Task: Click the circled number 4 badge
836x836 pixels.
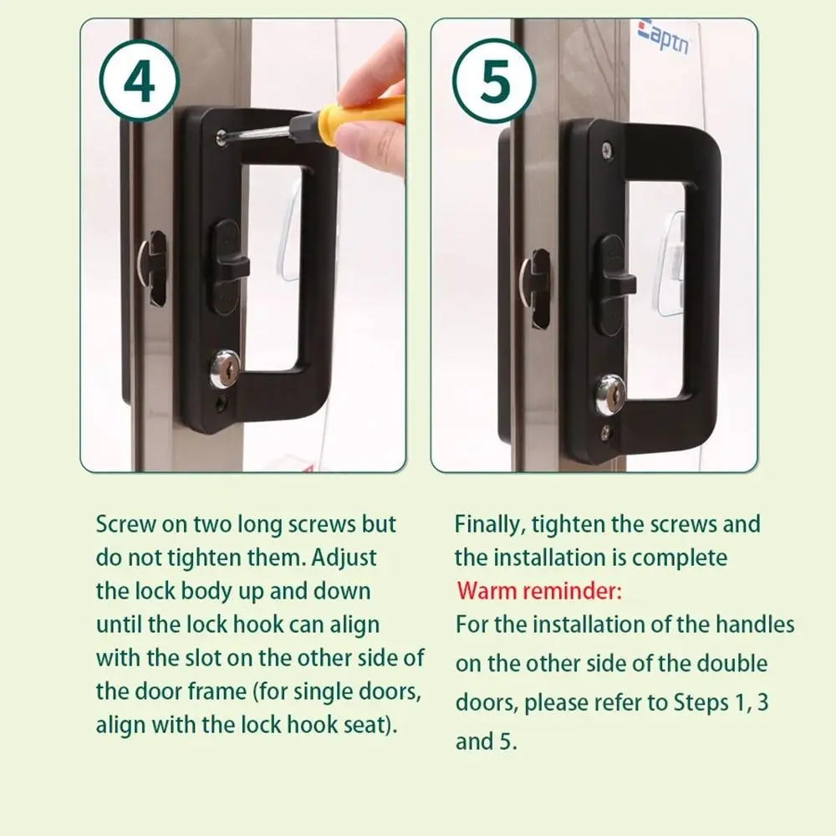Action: (x=139, y=81)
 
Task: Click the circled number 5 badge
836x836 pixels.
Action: (x=494, y=81)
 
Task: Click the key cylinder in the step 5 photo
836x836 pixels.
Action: (x=610, y=395)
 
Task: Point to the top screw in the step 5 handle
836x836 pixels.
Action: (x=607, y=150)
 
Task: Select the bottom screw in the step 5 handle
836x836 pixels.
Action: (x=606, y=432)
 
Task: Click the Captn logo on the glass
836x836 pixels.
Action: (x=663, y=37)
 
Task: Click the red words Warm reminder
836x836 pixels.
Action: (x=539, y=591)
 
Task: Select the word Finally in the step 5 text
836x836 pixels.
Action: (x=489, y=525)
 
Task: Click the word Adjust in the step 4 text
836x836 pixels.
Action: (x=344, y=558)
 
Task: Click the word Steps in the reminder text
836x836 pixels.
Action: (x=701, y=703)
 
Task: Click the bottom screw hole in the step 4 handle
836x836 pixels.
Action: (x=221, y=403)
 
